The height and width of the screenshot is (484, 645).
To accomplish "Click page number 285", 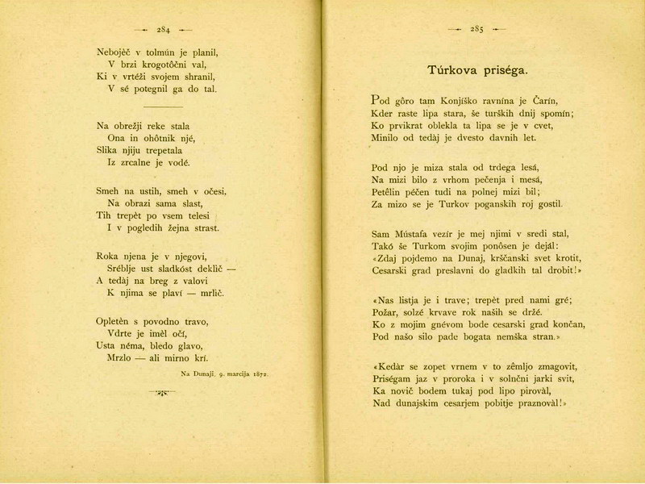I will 476,30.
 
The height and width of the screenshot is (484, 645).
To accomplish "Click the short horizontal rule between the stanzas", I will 168,107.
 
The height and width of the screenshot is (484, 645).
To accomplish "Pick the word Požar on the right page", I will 387,312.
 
